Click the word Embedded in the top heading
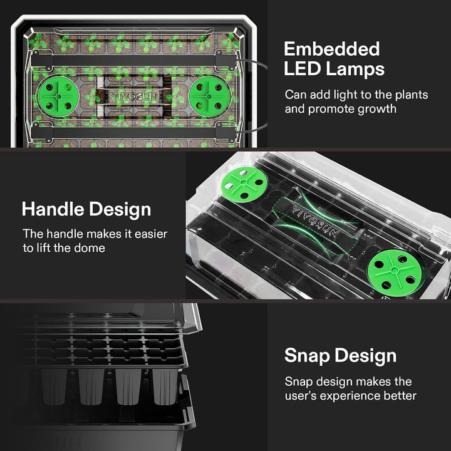331,49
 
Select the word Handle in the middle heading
55,209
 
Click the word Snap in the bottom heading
308,356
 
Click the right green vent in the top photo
209,98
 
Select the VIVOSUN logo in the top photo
133,98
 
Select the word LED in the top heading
301,68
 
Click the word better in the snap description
400,396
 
